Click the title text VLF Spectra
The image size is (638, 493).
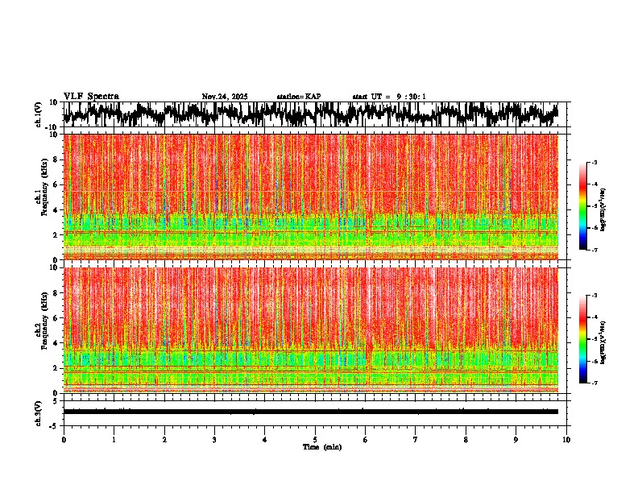pyautogui.click(x=91, y=97)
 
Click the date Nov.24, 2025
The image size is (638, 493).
pyautogui.click(x=225, y=97)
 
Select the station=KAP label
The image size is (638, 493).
pyautogui.click(x=299, y=97)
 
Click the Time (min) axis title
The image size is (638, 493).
pyautogui.click(x=321, y=446)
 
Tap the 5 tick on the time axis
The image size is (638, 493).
pyautogui.click(x=315, y=439)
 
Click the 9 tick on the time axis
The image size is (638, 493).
pyautogui.click(x=516, y=439)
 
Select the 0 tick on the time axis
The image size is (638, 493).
pyautogui.click(x=64, y=439)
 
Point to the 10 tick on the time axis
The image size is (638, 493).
pyautogui.click(x=566, y=439)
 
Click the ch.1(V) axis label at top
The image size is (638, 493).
pyautogui.click(x=39, y=115)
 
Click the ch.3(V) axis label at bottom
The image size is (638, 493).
pyautogui.click(x=39, y=412)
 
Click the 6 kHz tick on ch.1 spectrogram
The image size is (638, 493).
pyautogui.click(x=54, y=184)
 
